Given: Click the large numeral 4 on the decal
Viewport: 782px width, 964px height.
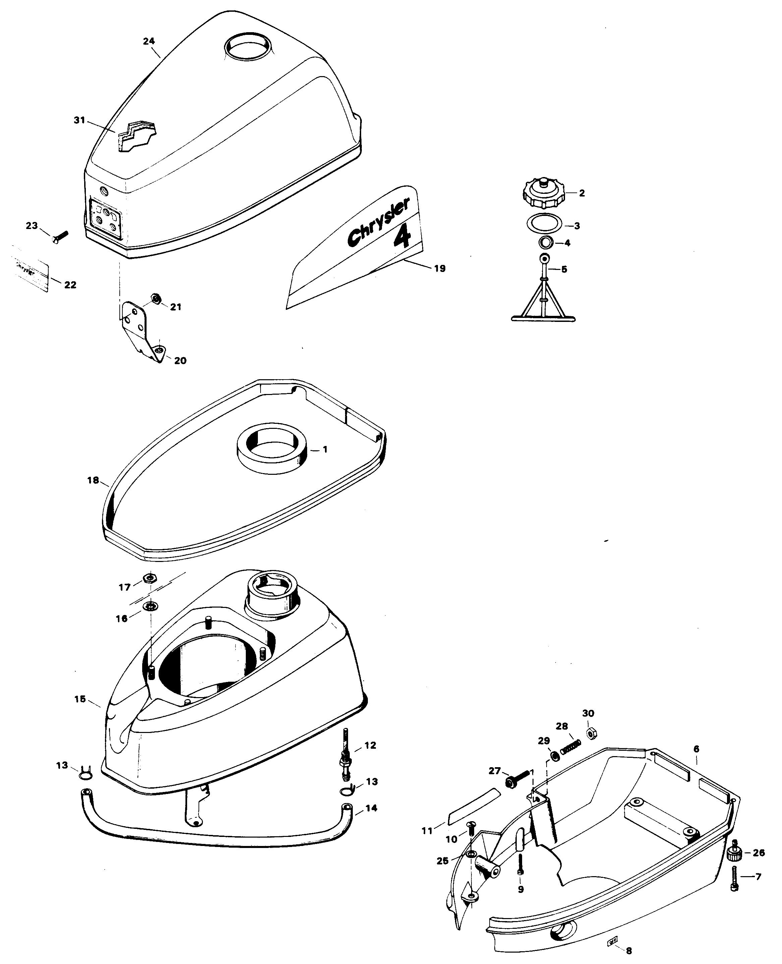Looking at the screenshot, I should [402, 236].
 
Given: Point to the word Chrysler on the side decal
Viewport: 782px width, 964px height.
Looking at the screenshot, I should [378, 222].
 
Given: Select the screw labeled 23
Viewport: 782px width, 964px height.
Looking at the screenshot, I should [60, 236].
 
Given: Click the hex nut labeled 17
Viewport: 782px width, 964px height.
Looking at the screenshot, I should [149, 578].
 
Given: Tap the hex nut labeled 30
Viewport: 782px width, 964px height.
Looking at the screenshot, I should [591, 733].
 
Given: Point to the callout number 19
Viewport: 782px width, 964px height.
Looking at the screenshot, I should [440, 269].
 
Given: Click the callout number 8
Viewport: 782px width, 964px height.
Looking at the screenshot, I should [629, 951].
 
